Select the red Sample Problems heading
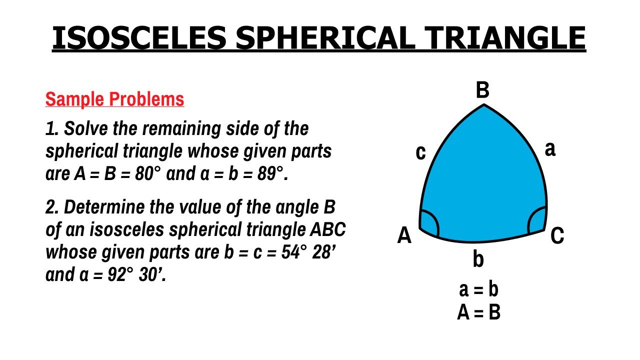click(x=114, y=99)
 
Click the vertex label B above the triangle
click(x=482, y=90)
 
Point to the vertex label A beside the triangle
click(x=404, y=235)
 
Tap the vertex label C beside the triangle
click(x=557, y=235)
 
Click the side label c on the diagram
click(x=421, y=152)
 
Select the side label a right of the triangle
click(x=549, y=148)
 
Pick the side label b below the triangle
click(x=478, y=259)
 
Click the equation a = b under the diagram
click(x=478, y=290)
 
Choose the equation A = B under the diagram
click(x=478, y=312)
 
